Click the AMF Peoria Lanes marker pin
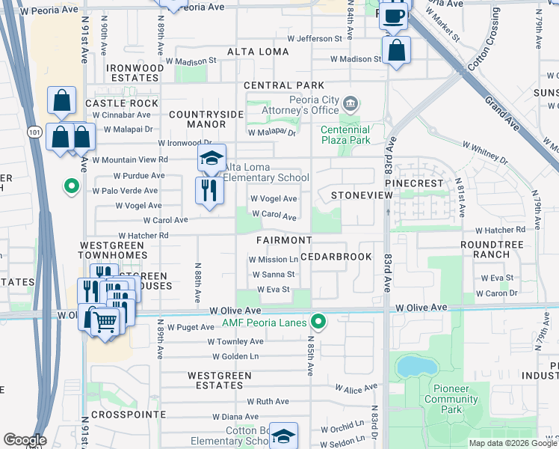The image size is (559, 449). [319, 323]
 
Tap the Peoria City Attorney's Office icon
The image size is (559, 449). [352, 102]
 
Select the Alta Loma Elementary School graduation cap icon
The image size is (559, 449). [211, 159]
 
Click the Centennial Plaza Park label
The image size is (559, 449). [346, 135]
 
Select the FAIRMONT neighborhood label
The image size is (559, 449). [284, 240]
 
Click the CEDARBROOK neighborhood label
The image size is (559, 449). [337, 256]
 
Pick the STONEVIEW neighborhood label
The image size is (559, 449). [362, 195]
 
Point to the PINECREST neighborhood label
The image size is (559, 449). [415, 183]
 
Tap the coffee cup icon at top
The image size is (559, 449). [394, 15]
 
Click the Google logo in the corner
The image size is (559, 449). [25, 440]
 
